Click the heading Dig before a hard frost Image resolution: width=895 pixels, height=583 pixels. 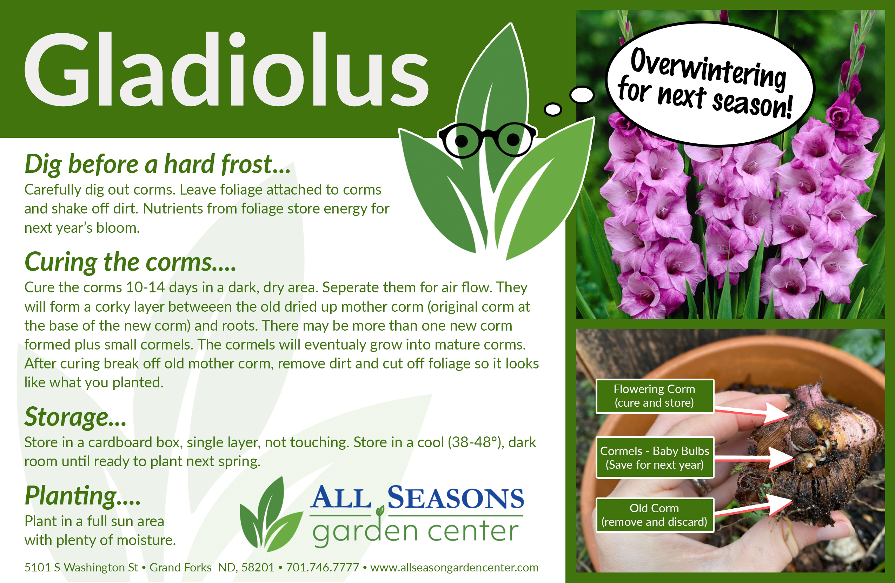click(x=158, y=164)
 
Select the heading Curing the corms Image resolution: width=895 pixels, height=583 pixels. click(x=130, y=262)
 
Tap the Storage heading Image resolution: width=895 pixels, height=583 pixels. click(x=75, y=417)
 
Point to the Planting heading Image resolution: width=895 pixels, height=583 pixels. click(x=82, y=496)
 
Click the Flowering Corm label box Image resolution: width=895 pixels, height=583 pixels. click(x=654, y=396)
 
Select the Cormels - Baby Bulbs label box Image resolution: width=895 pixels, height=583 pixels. click(x=654, y=457)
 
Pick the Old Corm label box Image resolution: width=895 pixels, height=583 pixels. click(x=654, y=515)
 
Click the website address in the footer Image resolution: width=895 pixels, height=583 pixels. click(x=454, y=567)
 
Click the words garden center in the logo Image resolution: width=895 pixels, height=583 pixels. click(x=416, y=531)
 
